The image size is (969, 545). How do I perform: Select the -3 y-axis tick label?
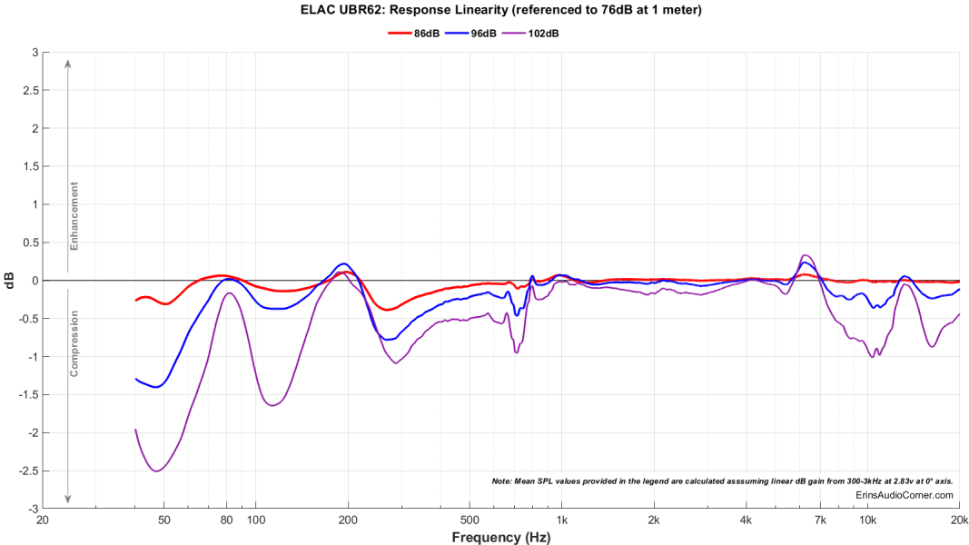pos(32,510)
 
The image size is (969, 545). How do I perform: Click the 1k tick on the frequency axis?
pos(562,520)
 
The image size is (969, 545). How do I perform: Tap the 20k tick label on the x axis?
pos(959,520)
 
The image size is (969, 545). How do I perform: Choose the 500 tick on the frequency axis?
pos(470,520)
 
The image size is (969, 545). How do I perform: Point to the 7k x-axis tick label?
pos(820,520)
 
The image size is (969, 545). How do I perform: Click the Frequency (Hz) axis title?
pos(500,538)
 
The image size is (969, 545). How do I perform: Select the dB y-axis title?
pos(10,281)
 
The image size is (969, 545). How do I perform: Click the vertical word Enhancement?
pos(75,216)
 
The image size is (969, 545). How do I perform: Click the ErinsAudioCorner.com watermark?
pos(905,495)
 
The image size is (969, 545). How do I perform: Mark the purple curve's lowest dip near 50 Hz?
pos(156,471)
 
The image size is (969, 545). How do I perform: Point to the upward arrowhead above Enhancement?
pos(68,63)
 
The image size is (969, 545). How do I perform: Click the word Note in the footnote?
pos(502,481)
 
